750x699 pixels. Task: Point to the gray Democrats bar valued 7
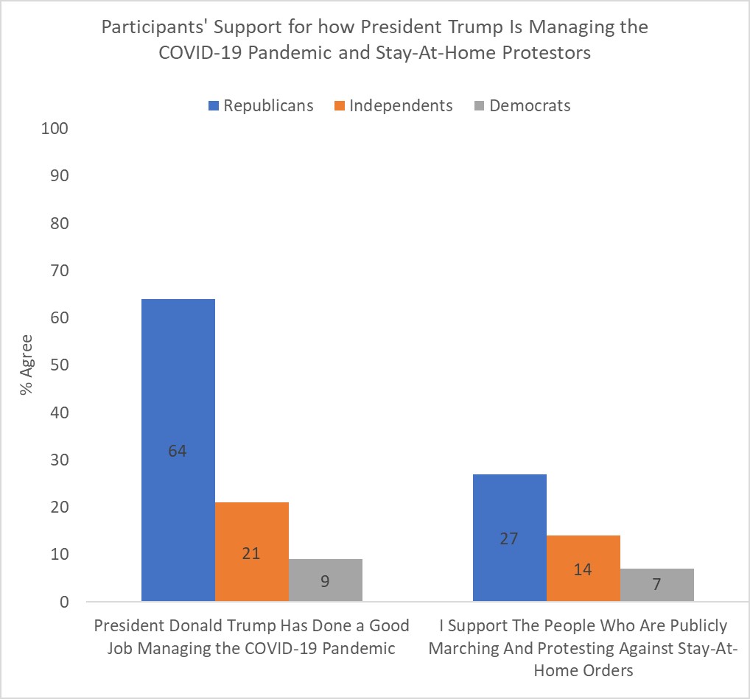[656, 585]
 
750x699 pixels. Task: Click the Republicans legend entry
[262, 105]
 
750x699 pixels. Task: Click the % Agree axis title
[27, 365]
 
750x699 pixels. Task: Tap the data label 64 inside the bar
[178, 451]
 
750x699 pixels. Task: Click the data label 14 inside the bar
[583, 569]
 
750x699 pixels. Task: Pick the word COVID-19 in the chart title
[204, 54]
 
